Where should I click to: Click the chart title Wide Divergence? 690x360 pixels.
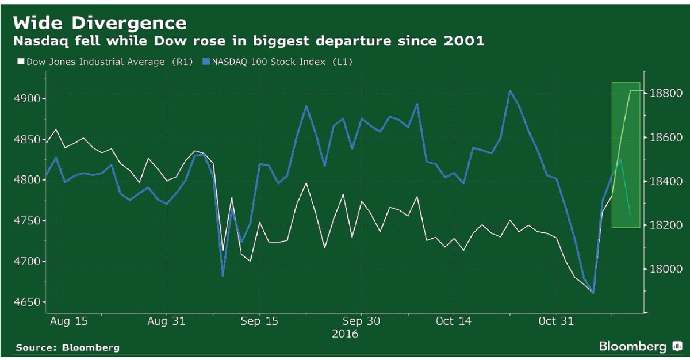click(99, 23)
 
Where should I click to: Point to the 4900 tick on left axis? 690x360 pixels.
click(28, 99)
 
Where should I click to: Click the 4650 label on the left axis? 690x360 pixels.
click(28, 302)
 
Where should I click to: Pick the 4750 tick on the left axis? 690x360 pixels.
click(28, 221)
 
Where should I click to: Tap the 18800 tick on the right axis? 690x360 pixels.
click(665, 93)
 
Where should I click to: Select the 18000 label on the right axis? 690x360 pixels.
click(665, 269)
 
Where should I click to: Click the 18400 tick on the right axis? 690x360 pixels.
click(665, 181)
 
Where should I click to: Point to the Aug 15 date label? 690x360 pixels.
click(69, 321)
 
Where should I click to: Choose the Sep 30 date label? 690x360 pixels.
click(361, 321)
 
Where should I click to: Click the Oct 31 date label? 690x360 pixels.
click(556, 321)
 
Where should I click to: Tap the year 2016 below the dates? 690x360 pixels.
click(345, 334)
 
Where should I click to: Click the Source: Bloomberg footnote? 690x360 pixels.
click(67, 347)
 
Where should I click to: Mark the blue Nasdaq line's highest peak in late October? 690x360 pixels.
click(509, 90)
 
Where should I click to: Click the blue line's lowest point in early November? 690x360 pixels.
click(593, 293)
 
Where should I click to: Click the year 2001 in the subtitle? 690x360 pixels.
click(466, 41)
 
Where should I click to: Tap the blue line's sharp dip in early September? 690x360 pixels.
click(223, 275)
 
